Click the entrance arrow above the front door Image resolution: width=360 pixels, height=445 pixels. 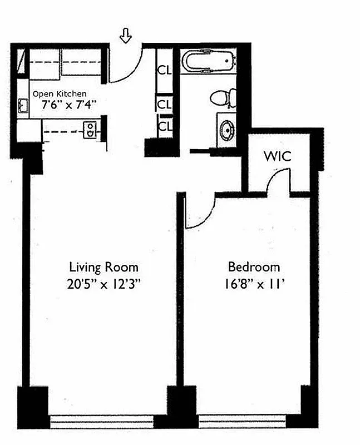coord(126,37)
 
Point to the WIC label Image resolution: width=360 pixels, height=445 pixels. coord(278,156)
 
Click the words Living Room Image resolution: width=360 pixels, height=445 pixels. coord(103,267)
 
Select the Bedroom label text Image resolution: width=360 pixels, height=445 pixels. coord(254,267)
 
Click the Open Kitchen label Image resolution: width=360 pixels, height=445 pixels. coord(60,94)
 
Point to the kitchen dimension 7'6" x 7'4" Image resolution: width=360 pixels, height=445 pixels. coord(65,103)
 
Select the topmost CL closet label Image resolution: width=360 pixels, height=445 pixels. coord(165,71)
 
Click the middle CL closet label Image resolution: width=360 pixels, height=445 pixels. coord(165,104)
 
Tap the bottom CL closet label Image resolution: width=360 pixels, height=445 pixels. coord(165,126)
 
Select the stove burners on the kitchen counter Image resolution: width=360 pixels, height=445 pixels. coord(90,130)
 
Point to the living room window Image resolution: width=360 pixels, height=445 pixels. coord(102,421)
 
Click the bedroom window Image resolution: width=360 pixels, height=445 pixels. coord(250,421)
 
